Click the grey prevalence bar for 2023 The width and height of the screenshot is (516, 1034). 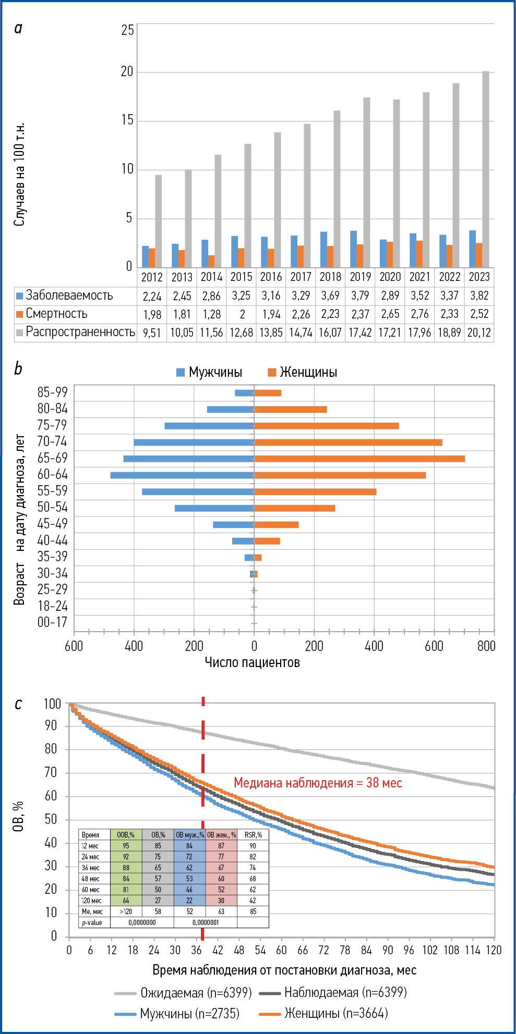486,169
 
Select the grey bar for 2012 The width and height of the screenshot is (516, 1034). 158,221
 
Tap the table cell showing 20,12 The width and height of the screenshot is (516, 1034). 479,333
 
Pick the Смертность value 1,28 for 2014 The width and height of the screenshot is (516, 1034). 211,314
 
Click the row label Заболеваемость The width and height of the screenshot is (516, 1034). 69,296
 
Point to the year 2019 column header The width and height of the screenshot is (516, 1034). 360,277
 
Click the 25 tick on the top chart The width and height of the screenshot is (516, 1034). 128,30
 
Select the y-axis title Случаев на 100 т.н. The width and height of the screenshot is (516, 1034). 19,175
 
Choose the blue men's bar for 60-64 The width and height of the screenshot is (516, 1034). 182,475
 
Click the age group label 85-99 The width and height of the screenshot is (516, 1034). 52,392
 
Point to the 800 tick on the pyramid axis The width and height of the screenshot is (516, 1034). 486,646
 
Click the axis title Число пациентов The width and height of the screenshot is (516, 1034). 252,662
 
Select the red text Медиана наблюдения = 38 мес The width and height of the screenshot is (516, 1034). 318,783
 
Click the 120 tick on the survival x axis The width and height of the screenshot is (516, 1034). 493,950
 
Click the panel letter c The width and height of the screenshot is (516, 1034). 18,704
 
